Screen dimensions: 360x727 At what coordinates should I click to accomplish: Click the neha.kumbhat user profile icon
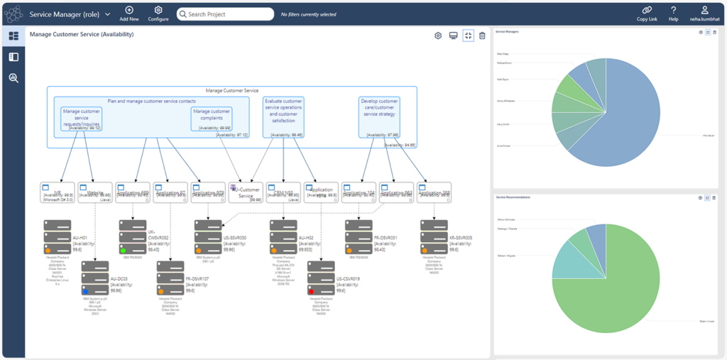click(705, 10)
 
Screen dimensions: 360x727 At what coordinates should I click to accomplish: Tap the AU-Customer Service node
click(246, 192)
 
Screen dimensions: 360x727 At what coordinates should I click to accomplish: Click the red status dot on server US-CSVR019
click(312, 291)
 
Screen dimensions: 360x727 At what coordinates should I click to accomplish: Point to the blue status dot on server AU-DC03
click(86, 290)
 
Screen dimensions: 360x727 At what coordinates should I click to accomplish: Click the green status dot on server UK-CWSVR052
click(124, 250)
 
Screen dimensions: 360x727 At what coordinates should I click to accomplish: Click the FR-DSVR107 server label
click(197, 279)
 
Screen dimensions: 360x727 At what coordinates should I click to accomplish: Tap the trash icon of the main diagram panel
click(482, 36)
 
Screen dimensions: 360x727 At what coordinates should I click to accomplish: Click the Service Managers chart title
click(508, 32)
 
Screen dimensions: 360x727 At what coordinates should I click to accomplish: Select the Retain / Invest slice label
click(706, 320)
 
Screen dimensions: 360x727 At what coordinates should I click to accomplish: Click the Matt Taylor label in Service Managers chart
click(503, 80)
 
